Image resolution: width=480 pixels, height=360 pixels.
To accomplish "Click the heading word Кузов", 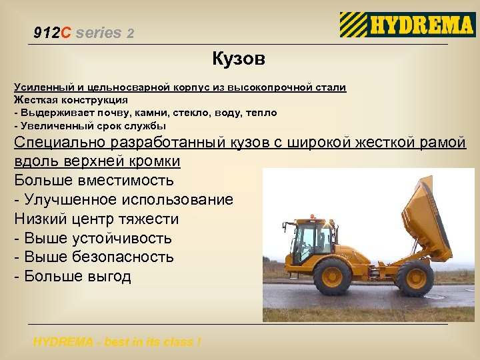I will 239,59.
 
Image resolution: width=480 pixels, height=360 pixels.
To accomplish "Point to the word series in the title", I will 99,33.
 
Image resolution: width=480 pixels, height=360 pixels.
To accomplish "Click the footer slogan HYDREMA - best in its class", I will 117,342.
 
